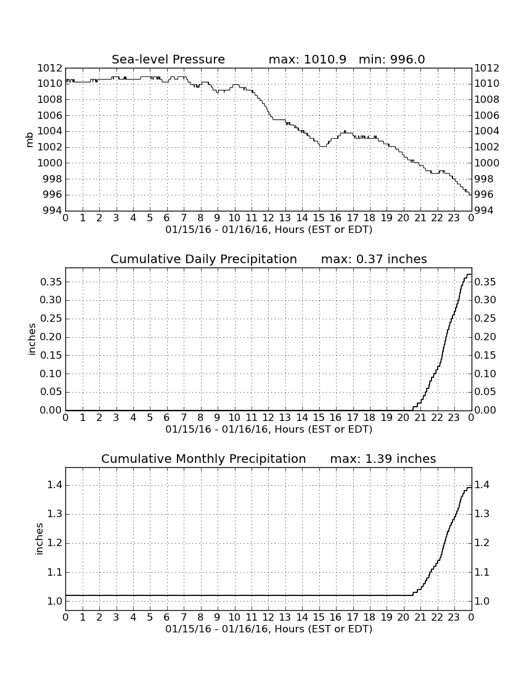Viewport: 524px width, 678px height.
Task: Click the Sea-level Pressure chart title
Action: pos(168,59)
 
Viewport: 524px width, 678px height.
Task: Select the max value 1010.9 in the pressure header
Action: pos(325,59)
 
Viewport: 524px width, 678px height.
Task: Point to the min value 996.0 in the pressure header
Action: pos(407,59)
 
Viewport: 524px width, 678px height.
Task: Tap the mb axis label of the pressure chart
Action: pos(30,139)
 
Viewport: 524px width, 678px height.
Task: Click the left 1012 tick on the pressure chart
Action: pos(49,68)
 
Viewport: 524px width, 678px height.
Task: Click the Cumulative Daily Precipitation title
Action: pos(203,259)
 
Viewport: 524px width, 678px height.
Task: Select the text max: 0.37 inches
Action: pos(374,259)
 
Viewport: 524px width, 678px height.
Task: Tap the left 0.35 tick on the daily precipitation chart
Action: pos(51,282)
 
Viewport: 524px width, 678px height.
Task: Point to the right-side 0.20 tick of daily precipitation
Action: pos(485,337)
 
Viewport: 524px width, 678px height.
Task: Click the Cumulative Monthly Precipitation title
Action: pos(203,459)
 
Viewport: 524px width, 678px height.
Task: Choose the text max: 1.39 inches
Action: pos(383,459)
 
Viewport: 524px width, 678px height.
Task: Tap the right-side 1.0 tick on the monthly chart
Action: pos(482,601)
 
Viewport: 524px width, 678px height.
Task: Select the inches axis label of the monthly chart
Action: pos(39,539)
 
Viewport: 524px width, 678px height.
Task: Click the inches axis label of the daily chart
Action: pos(31,339)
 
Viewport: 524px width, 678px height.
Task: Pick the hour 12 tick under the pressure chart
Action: pos(268,218)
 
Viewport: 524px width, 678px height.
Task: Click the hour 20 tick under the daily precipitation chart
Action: pos(403,417)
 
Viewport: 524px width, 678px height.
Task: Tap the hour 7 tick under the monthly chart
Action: pos(184,617)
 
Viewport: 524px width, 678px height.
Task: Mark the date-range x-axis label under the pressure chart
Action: pos(269,230)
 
